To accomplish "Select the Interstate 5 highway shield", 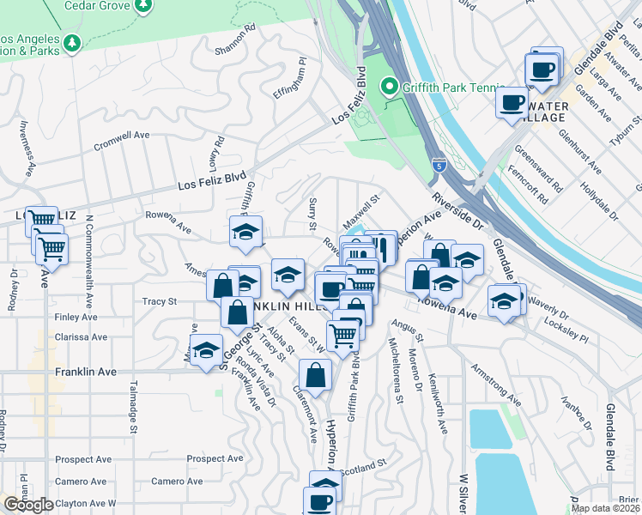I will click(x=439, y=161).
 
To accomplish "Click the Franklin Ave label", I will click(x=84, y=372).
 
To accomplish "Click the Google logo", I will click(x=28, y=505).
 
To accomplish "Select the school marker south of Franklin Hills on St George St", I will click(x=205, y=351).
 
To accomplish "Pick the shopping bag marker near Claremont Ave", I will click(x=315, y=374).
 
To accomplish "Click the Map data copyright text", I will click(x=606, y=508).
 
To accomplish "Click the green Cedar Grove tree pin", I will click(x=143, y=5).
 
